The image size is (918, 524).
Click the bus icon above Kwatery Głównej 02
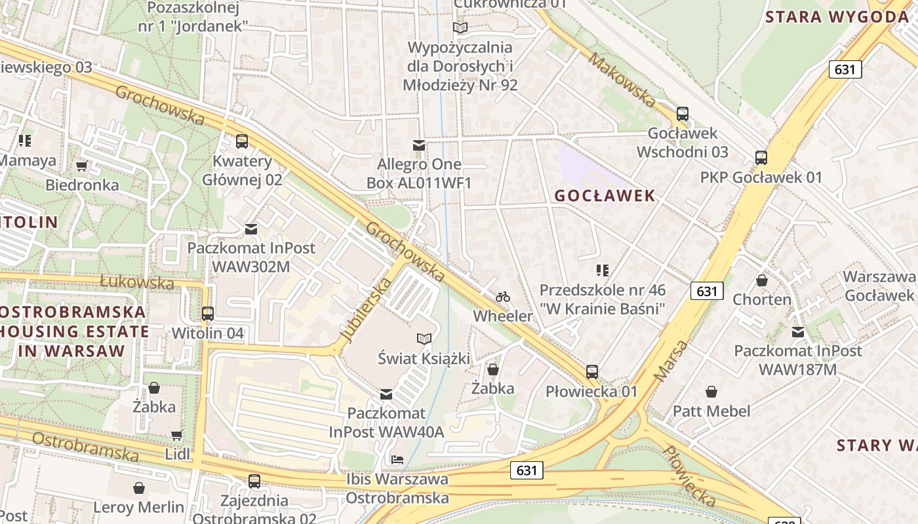pos(242,141)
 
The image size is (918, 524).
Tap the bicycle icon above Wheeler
pos(503,297)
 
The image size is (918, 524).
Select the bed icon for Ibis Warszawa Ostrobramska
pos(397,459)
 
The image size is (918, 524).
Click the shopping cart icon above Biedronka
pos(82,166)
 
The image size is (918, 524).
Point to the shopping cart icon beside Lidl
pos(176,435)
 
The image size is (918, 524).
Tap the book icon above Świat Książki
pos(424,339)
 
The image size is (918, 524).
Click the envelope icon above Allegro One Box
pos(418,145)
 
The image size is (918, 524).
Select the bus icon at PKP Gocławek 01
pos(761,157)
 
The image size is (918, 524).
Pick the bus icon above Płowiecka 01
pos(592,372)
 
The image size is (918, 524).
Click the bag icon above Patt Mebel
pos(711,392)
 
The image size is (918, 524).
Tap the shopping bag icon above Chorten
pos(762,280)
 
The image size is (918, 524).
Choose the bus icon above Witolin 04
pos(208,313)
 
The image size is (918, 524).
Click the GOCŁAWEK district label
pos(605,195)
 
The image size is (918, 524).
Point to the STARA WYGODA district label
pos(836,17)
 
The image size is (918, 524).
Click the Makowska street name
pos(622,80)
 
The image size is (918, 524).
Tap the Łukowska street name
pos(137,282)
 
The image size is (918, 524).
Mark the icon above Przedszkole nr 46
pos(603,270)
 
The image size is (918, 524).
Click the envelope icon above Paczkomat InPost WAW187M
pos(797,331)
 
